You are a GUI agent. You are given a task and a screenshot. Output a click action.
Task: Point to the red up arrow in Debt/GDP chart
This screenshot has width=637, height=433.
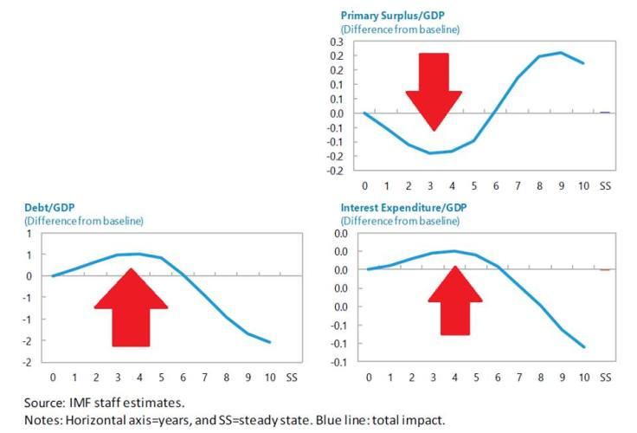pyautogui.click(x=130, y=307)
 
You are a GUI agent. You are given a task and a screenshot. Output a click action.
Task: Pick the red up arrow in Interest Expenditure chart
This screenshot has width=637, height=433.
pyautogui.click(x=455, y=301)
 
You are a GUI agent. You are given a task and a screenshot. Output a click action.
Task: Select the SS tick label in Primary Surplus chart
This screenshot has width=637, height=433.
pyautogui.click(x=605, y=185)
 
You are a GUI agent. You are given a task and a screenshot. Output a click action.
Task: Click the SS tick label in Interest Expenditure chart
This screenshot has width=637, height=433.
pyautogui.click(x=605, y=378)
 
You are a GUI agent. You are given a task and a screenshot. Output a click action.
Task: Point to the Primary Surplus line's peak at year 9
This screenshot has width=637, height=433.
pyautogui.click(x=561, y=53)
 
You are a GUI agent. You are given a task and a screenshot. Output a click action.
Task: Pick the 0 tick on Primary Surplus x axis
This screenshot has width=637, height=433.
pyautogui.click(x=364, y=185)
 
